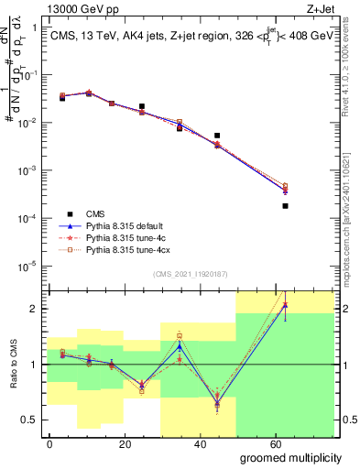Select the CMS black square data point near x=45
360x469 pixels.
point(217,136)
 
